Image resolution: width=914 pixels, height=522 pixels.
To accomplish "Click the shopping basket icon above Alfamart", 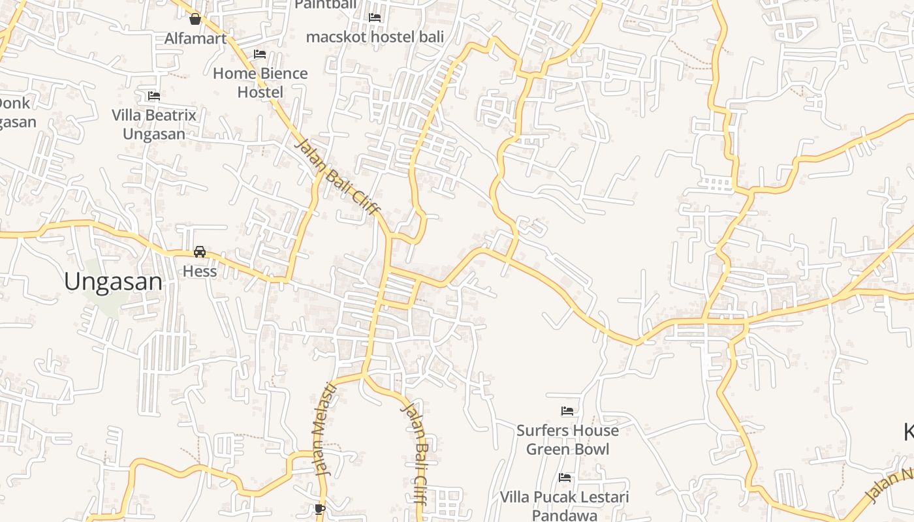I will tap(195, 18).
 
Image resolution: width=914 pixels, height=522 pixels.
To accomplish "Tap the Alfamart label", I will tap(195, 38).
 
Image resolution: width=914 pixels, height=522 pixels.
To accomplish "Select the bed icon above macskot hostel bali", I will tap(375, 18).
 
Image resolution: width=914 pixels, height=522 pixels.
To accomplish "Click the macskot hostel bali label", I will tap(375, 37).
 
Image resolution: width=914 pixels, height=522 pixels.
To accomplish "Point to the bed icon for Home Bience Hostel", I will tap(260, 54).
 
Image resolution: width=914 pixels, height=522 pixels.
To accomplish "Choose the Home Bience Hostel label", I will tap(260, 83).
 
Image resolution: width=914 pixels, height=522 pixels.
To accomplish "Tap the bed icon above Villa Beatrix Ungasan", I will tap(154, 96).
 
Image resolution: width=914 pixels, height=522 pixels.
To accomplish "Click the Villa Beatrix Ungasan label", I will tap(154, 125).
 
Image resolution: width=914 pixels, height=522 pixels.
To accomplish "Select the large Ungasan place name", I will tap(113, 282).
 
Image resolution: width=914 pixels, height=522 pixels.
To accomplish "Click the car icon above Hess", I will tap(200, 252).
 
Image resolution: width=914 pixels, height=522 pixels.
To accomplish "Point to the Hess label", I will tap(200, 271).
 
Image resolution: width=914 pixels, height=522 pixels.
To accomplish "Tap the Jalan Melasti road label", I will tap(326, 429).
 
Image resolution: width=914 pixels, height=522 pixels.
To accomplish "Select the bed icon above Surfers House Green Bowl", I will tap(567, 411).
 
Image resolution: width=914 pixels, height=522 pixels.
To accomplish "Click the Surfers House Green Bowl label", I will tap(567, 440).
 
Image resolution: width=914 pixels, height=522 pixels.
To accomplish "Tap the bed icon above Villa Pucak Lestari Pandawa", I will tap(565, 478).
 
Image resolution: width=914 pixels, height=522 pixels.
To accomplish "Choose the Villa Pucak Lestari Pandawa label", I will tap(565, 506).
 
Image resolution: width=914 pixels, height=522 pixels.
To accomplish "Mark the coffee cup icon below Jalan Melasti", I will tap(319, 508).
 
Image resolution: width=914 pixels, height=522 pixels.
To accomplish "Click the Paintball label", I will tap(326, 5).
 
